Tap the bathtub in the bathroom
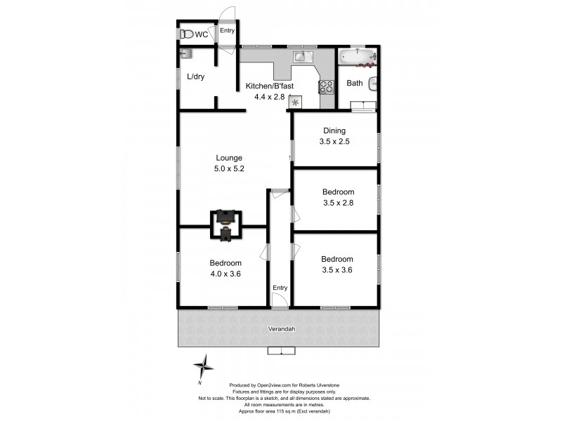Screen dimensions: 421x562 click(357, 57)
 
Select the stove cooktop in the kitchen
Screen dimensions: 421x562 click(327, 87)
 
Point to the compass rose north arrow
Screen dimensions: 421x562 click(204, 366)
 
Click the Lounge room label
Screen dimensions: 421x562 click(229, 158)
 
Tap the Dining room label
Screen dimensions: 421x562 click(334, 131)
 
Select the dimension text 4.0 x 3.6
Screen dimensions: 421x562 click(226, 274)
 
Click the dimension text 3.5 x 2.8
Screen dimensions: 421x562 click(338, 203)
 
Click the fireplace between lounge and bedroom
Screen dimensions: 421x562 click(226, 225)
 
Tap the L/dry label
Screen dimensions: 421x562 click(196, 77)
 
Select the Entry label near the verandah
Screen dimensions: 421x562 click(280, 288)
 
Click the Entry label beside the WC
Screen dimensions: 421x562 click(227, 31)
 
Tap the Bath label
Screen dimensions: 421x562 click(355, 83)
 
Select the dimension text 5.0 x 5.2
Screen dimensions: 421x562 click(229, 168)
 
